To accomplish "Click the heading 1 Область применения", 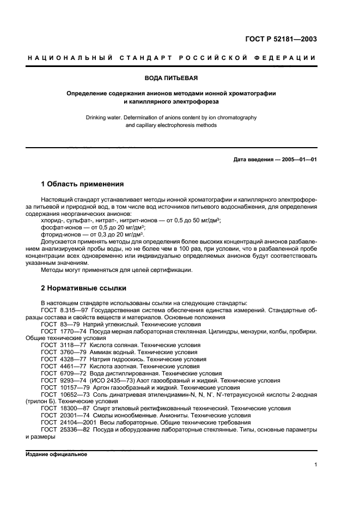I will coord(82,184).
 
